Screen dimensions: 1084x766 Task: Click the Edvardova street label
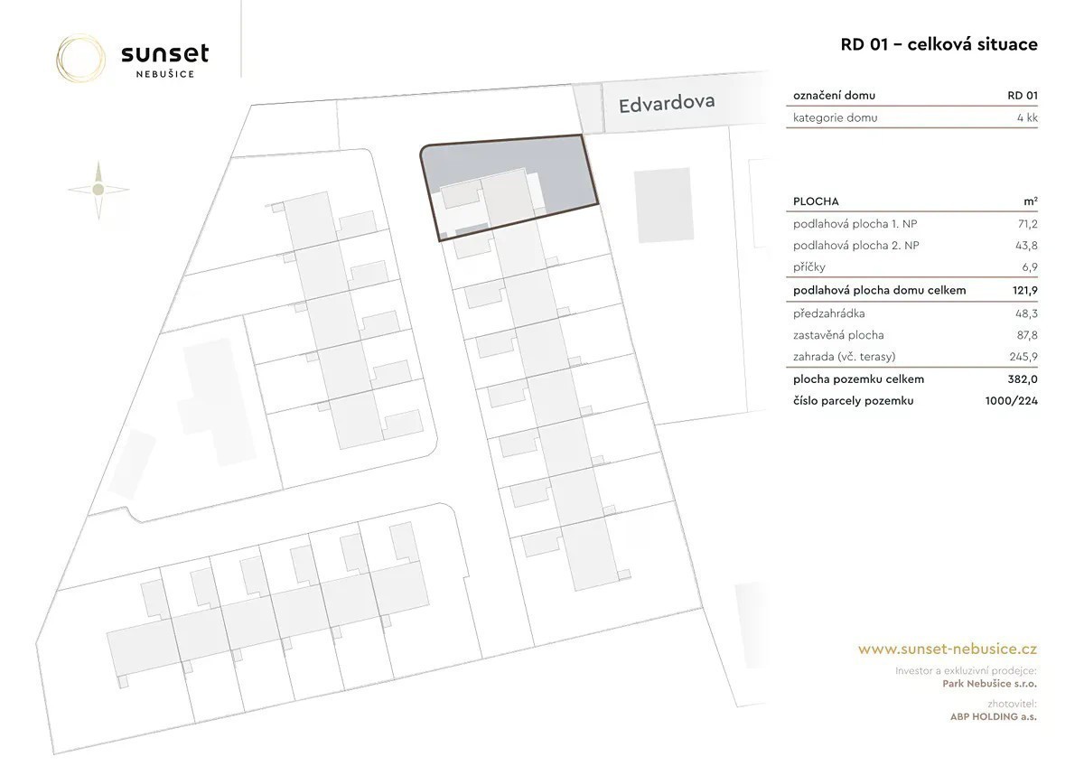pos(667,103)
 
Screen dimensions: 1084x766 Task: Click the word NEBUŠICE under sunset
pos(165,74)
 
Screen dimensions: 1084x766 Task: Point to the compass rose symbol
pos(98,190)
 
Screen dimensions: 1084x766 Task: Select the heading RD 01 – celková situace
pos(939,44)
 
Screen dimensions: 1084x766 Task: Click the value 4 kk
pos(1027,117)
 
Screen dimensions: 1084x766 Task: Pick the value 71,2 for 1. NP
pos(1027,224)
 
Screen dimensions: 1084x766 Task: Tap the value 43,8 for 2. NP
pos(1026,246)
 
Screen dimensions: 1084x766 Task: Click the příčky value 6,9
pos(1030,267)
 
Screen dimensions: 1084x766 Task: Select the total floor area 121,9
pos(1025,290)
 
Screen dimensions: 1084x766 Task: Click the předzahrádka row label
pos(828,313)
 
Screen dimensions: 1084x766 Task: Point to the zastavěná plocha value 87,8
pos(1027,335)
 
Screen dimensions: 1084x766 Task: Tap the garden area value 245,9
pos(1023,357)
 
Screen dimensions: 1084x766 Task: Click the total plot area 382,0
pos(1023,379)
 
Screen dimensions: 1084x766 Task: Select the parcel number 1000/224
pos(1012,401)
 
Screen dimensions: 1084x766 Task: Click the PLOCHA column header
pos(816,201)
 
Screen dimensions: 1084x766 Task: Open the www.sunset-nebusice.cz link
pos(947,649)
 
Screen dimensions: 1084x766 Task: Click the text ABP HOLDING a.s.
pos(993,716)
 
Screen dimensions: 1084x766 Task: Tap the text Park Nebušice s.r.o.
pos(990,684)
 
